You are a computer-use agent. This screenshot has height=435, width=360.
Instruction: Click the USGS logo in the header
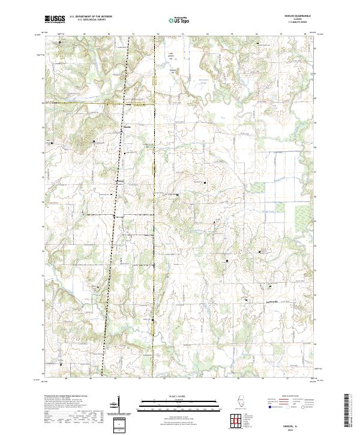tap(55, 19)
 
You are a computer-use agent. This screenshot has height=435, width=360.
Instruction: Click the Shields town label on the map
tap(127, 127)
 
